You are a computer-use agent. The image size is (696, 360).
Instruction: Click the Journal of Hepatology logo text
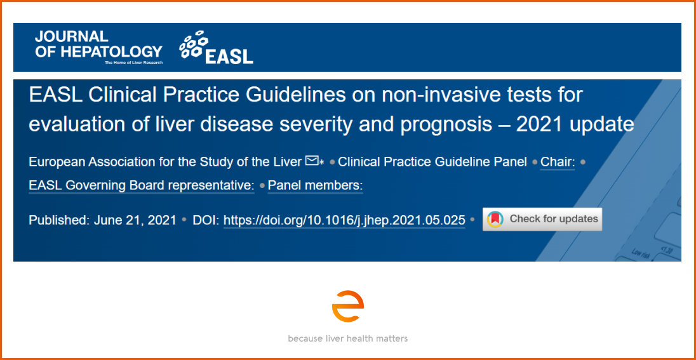[98, 44]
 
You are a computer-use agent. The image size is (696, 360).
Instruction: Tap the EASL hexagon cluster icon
[194, 44]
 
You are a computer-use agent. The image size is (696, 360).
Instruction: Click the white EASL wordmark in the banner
[229, 56]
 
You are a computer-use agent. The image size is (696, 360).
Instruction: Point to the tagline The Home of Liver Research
[133, 63]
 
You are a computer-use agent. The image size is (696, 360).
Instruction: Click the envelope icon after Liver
[312, 161]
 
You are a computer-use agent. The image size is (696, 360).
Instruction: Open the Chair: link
[558, 162]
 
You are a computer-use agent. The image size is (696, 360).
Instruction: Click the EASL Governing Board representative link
[142, 185]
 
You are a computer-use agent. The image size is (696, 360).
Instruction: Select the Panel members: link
[315, 185]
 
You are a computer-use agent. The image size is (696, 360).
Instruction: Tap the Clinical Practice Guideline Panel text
[432, 162]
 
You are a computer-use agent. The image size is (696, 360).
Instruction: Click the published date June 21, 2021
[135, 220]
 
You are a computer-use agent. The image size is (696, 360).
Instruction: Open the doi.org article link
[344, 220]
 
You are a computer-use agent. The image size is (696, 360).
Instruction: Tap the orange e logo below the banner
[347, 306]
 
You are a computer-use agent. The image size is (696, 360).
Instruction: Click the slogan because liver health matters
[347, 338]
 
